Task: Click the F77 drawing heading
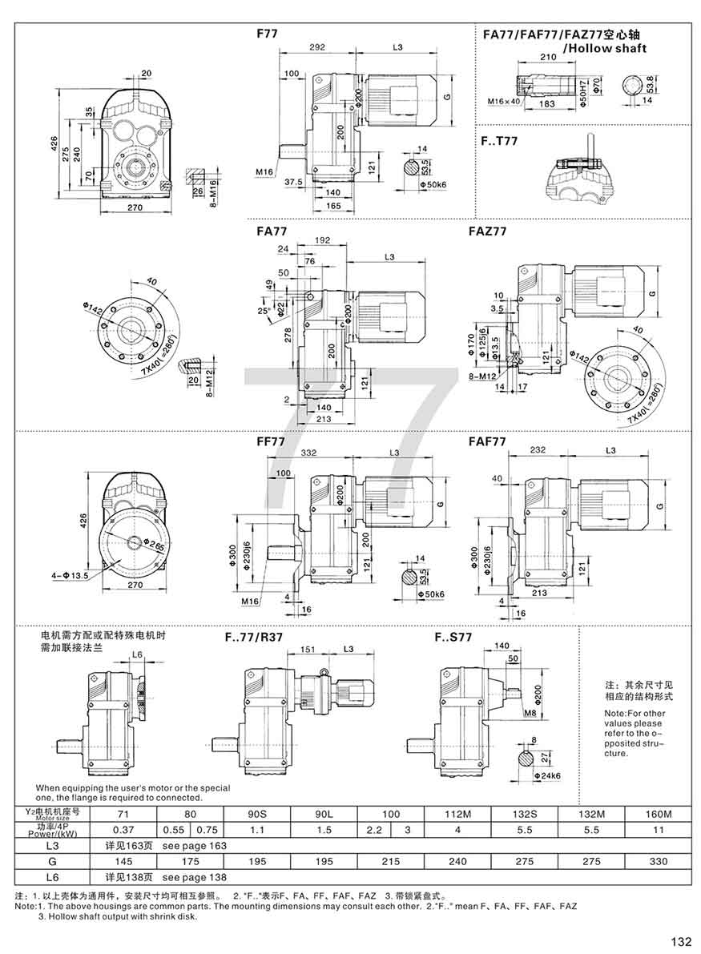[267, 34]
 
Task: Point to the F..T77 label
[500, 142]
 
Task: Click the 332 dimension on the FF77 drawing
[308, 453]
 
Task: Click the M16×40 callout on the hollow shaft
[503, 103]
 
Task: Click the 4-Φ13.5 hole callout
[66, 575]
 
